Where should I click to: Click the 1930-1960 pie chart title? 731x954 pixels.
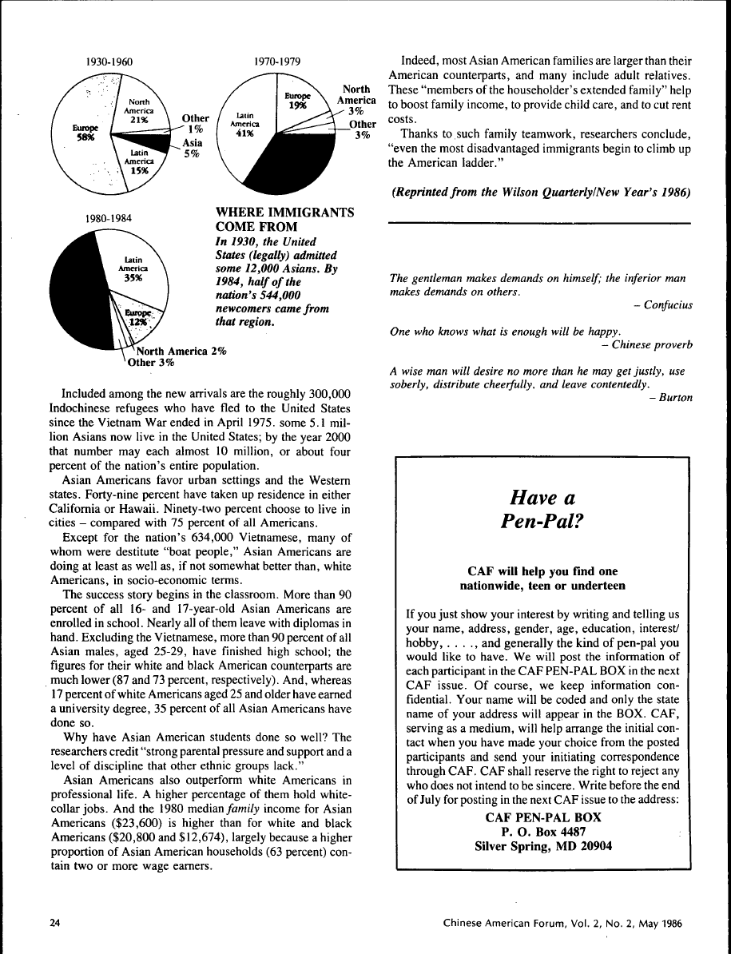pos(110,62)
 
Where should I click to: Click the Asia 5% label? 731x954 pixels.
pos(192,149)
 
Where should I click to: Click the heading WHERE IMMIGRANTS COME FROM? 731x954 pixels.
pos(285,220)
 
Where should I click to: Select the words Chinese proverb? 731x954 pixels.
pos(652,345)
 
